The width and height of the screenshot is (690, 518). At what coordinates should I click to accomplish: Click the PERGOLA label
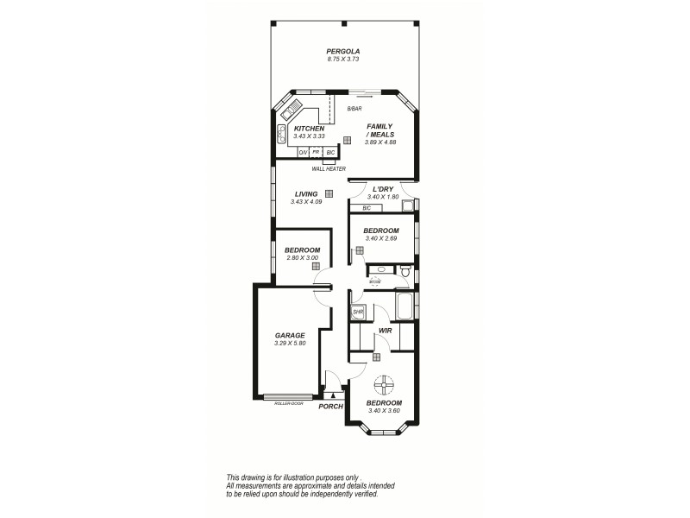point(342,51)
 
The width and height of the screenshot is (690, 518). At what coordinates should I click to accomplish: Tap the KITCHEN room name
point(308,129)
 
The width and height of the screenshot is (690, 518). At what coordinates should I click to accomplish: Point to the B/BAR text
point(354,110)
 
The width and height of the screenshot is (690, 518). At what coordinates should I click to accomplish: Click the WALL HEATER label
point(329,169)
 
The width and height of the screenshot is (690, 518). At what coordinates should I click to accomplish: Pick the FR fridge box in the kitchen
point(316,152)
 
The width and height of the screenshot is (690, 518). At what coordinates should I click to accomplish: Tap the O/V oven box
point(303,152)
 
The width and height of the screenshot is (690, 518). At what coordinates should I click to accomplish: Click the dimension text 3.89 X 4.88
point(379,142)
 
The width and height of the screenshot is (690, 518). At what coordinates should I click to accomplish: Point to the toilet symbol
point(405,273)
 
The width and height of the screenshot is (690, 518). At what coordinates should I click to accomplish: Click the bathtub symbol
point(404,306)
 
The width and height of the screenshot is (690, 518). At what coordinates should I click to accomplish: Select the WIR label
point(385,331)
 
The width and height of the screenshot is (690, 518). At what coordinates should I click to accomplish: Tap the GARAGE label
point(291,336)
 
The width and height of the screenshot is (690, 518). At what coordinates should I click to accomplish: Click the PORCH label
point(330,407)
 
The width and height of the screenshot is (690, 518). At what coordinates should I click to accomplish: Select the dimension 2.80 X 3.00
point(302,258)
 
